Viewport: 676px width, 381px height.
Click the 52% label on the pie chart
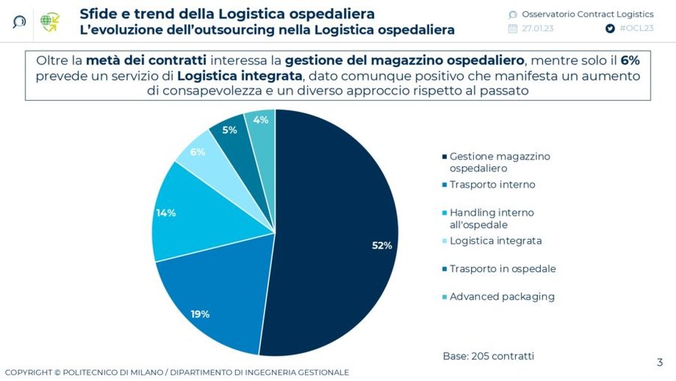pos(382,246)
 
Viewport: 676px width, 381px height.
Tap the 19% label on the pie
pos(200,314)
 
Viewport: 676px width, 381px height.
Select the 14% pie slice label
pos(166,213)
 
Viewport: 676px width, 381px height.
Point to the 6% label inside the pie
pos(198,152)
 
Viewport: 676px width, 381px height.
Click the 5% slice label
pos(229,130)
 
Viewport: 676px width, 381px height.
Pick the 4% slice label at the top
pos(261,120)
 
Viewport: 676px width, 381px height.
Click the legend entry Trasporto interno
pos(492,184)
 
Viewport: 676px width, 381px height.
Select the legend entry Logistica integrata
pos(495,240)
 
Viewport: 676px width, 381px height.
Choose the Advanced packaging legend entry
pos(502,297)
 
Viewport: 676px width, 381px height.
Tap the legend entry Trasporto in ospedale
pos(502,269)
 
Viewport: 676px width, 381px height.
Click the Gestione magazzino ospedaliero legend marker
pos(444,157)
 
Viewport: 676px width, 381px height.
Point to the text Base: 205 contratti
pos(488,355)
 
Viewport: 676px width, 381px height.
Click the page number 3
pos(659,363)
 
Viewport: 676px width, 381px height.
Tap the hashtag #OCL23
pos(636,29)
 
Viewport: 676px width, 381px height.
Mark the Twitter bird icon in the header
pos(610,29)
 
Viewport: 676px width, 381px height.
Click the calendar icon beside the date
pos(513,29)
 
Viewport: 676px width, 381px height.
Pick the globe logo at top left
pos(50,21)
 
